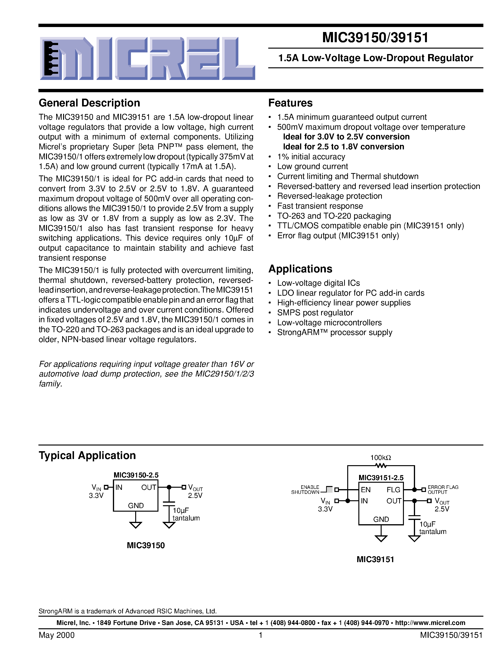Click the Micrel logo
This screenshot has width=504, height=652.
(x=147, y=59)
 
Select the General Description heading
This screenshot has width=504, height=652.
(x=89, y=103)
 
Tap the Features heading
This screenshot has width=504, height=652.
(x=290, y=103)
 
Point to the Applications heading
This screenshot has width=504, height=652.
(x=300, y=269)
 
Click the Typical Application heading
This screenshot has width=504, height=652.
(x=87, y=455)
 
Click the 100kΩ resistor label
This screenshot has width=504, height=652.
(x=381, y=458)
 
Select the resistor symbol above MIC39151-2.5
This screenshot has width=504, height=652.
(x=381, y=465)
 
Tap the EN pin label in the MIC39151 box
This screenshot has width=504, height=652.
(x=365, y=490)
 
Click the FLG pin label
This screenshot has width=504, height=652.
(x=393, y=490)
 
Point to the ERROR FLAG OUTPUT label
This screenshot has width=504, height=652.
(x=443, y=490)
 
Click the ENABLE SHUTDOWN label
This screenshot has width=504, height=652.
(x=305, y=490)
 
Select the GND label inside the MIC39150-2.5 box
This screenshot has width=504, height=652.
(x=136, y=505)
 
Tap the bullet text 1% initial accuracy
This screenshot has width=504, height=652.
(x=311, y=157)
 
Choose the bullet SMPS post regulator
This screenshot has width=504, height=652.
(x=315, y=312)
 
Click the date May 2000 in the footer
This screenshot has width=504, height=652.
(x=57, y=635)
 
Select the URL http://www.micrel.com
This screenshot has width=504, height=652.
(x=430, y=623)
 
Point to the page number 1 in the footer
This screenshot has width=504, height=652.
(x=261, y=635)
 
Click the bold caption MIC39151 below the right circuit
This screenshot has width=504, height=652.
(x=375, y=560)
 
